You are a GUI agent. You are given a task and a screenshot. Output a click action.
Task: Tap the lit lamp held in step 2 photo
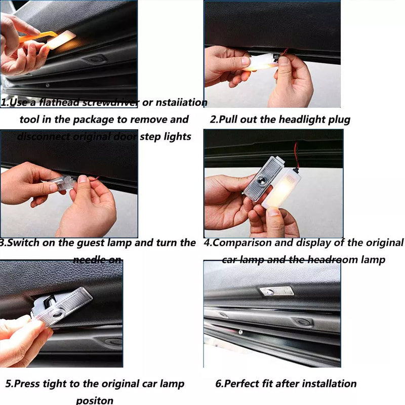260,62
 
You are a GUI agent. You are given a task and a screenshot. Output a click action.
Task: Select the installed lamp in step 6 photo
276,291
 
